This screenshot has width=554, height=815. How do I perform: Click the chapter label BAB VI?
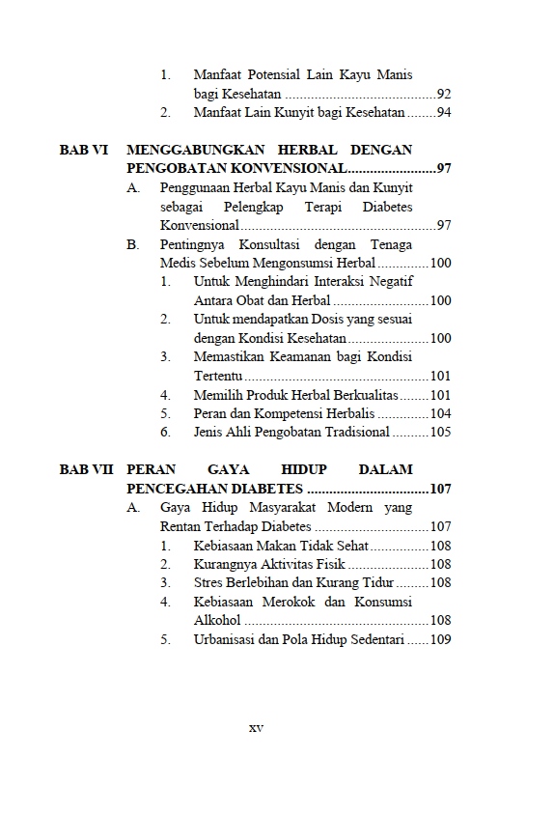[x=83, y=150]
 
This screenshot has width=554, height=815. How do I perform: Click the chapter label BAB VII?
[x=86, y=470]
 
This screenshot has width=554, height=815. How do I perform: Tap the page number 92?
[x=444, y=95]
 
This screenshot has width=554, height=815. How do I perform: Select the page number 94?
[x=444, y=113]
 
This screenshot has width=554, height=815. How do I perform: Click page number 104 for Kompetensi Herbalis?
[x=440, y=413]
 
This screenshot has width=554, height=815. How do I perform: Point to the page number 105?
[x=440, y=433]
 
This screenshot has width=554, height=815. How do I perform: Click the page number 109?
[x=440, y=639]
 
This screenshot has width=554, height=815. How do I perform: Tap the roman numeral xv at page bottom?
[x=256, y=727]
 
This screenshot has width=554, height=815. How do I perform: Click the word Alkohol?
[x=217, y=621]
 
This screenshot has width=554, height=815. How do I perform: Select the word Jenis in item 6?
[x=208, y=433]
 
